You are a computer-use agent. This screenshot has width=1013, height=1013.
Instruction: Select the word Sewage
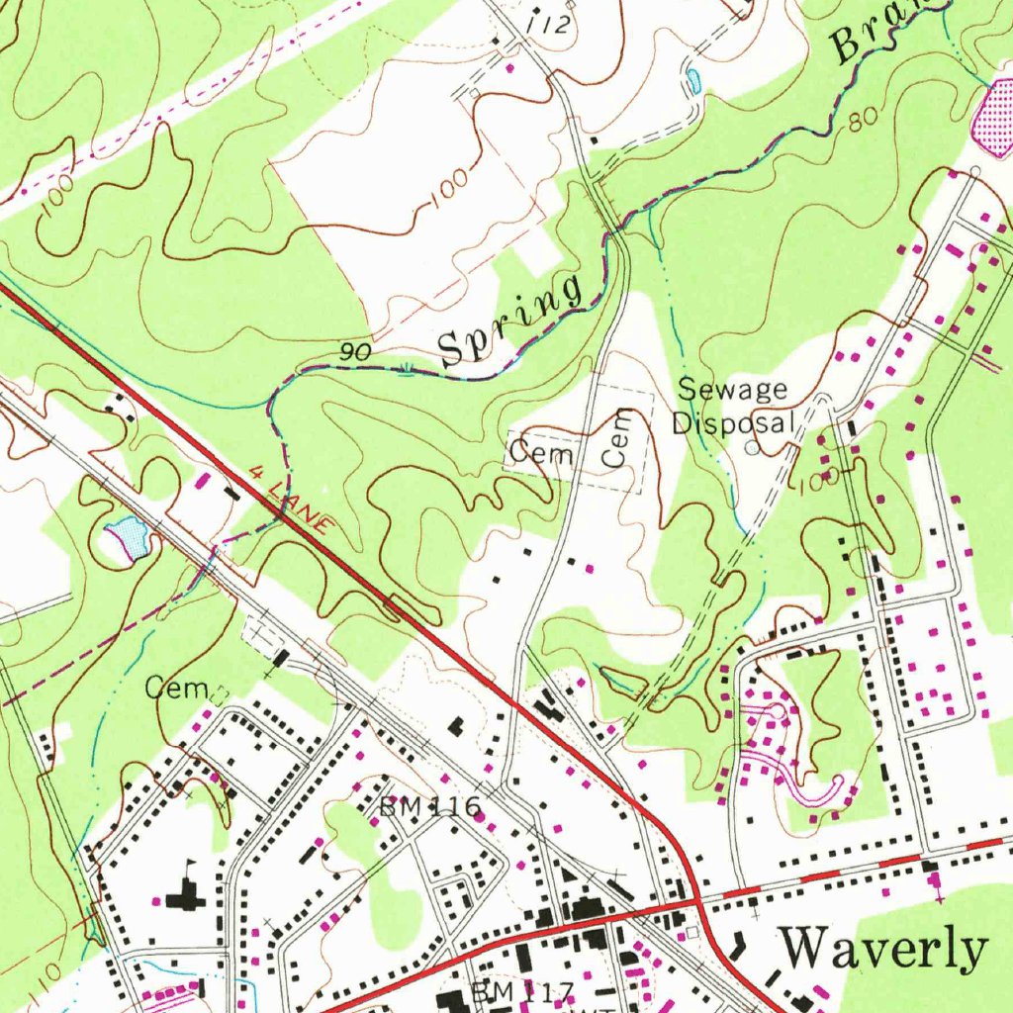[732, 389]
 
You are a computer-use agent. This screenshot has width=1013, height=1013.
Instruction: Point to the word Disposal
[733, 422]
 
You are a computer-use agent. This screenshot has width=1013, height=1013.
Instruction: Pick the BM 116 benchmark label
[430, 807]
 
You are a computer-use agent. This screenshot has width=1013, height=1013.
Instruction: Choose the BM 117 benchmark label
[523, 990]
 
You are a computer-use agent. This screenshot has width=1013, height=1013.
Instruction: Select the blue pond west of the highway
[129, 537]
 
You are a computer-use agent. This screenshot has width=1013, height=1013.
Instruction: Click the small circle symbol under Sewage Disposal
[752, 448]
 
